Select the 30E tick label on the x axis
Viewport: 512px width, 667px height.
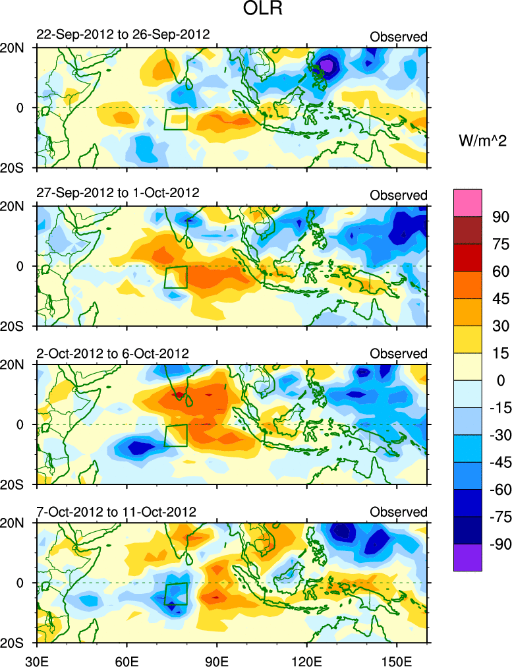(x=36, y=660)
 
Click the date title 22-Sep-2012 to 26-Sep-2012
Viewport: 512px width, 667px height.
(x=123, y=34)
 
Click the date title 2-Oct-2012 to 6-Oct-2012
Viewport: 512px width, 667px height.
(x=113, y=353)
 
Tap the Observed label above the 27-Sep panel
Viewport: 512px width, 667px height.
(x=398, y=195)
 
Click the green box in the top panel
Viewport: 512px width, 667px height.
(x=176, y=119)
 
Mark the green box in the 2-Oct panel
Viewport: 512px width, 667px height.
(x=176, y=436)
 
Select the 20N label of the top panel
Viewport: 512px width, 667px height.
(x=16, y=48)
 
